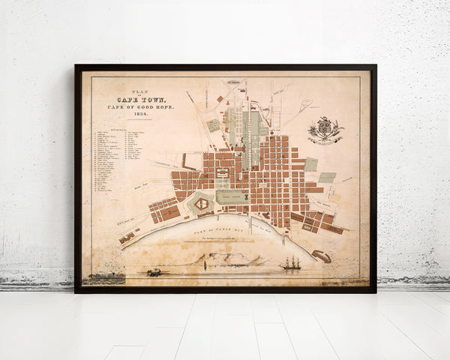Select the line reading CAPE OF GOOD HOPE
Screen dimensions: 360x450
(140, 107)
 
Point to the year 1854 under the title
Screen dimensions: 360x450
(140, 115)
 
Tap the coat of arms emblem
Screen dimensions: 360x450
(325, 130)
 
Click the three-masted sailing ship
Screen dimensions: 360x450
(291, 262)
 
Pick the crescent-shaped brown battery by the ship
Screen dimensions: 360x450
(321, 256)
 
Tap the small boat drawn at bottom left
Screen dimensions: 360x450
(154, 271)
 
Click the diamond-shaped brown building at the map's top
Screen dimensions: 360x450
(219, 98)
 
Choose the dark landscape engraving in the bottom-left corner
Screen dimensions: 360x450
(103, 278)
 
